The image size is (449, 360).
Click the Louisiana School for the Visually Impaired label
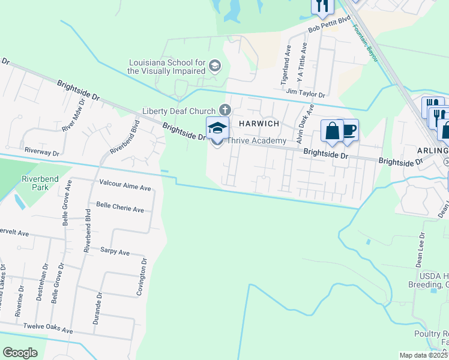coord(166,66)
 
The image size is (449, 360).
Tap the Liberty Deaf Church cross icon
coord(225,110)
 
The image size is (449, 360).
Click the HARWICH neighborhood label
coord(261,123)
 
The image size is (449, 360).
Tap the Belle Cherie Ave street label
coord(120,209)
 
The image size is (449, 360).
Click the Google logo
coord(20,353)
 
